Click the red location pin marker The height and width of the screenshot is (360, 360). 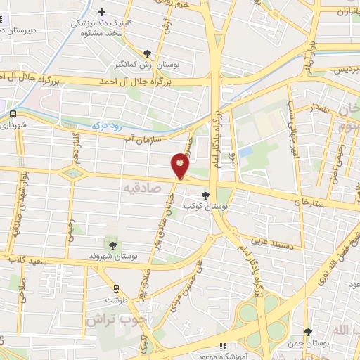tap(181, 167)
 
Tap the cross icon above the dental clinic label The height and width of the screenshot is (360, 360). tap(102, 12)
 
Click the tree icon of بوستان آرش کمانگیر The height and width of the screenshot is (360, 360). tap(147, 53)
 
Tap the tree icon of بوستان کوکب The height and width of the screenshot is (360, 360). tap(205, 196)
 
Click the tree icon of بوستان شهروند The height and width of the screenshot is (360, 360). tap(112, 244)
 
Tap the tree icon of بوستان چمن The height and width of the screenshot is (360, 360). tap(308, 332)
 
